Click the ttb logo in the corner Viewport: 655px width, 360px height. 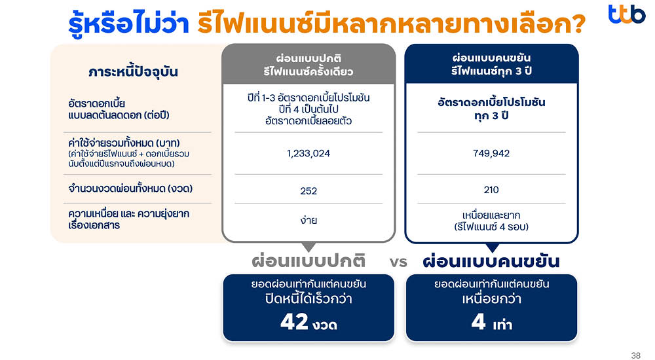click(626, 14)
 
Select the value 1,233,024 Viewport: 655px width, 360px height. click(309, 153)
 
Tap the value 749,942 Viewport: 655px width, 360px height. click(491, 153)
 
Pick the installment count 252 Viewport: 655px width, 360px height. click(309, 190)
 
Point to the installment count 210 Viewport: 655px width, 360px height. click(491, 190)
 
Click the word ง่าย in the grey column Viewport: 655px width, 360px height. click(309, 220)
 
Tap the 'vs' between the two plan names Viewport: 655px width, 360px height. click(398, 262)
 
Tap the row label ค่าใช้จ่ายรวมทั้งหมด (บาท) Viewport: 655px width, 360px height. click(124, 143)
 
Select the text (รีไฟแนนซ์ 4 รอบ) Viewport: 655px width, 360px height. click(491, 226)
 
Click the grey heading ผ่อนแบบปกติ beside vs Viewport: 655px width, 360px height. click(309, 262)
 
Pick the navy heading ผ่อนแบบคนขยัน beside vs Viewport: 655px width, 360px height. click(491, 262)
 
